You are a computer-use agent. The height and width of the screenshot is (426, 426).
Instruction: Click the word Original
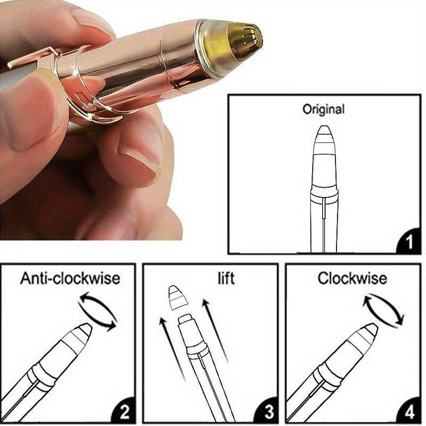[323, 110]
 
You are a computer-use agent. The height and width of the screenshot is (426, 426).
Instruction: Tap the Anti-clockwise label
[70, 278]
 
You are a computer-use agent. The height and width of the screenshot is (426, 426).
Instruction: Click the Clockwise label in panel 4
[353, 278]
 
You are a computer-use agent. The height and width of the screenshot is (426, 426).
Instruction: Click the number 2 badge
[125, 411]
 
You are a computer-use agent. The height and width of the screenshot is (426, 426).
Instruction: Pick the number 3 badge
[268, 411]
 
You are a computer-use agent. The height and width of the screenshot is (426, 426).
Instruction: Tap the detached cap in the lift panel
[178, 298]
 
